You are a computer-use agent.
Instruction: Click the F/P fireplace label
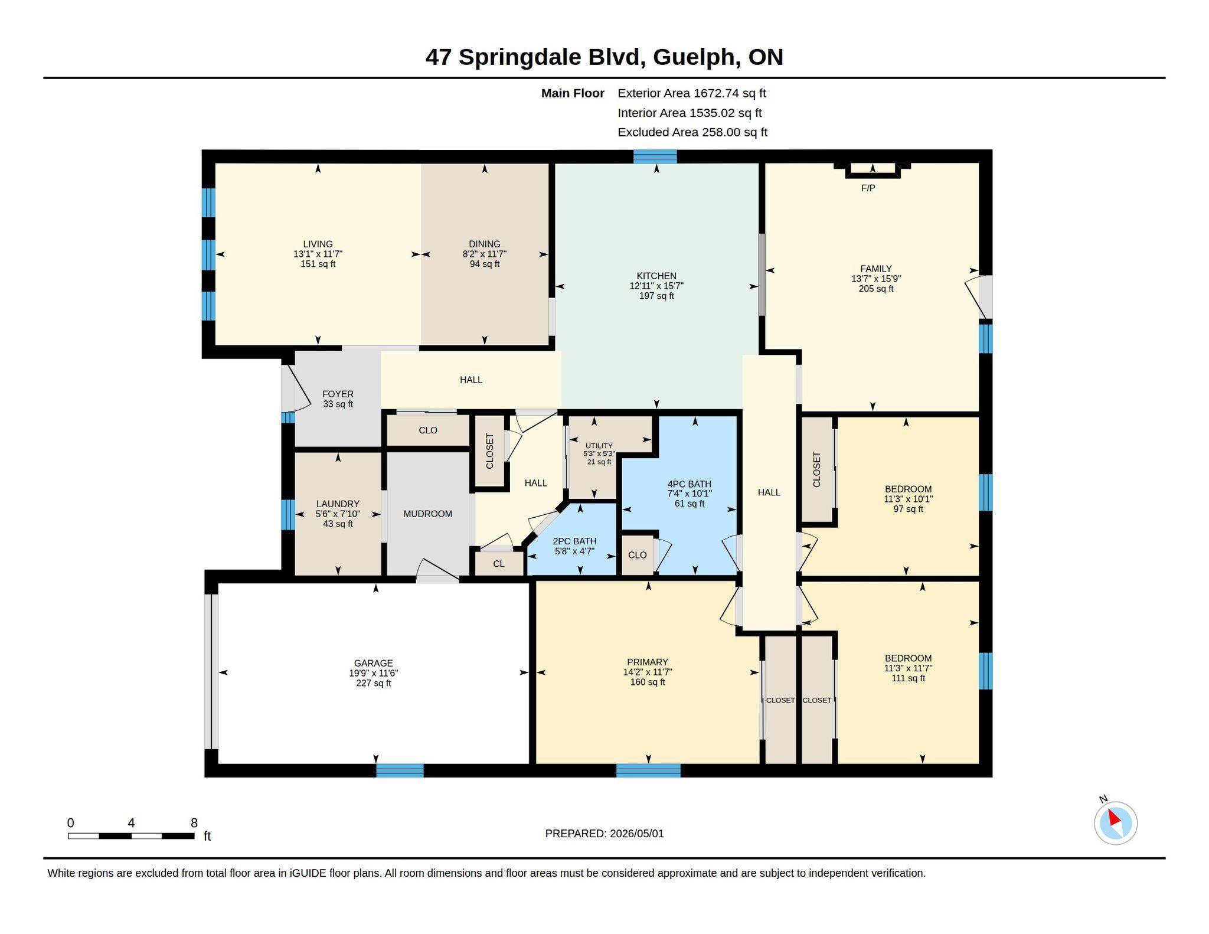tap(868, 188)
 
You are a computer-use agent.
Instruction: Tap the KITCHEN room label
tap(656, 276)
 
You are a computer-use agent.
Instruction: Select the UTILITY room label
tap(599, 446)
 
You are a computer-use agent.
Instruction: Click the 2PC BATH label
tap(574, 541)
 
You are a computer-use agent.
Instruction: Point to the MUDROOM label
tap(428, 514)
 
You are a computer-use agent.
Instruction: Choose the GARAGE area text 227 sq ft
tap(374, 683)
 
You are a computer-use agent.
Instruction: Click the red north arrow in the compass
tap(1113, 818)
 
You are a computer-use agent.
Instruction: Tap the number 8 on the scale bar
tap(194, 823)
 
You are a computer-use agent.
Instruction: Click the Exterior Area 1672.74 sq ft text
tap(692, 93)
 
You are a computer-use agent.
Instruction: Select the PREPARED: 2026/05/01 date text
tap(604, 834)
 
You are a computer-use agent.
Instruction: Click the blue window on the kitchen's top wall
tap(655, 156)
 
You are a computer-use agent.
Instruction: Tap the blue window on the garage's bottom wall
tap(400, 770)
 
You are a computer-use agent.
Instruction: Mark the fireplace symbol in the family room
tap(873, 170)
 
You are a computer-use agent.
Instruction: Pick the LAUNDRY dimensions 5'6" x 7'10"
tap(338, 514)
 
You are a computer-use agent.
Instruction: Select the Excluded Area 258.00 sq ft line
tap(692, 132)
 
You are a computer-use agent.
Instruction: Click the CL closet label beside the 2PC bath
tap(499, 564)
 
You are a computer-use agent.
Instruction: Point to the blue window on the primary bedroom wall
tap(648, 770)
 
